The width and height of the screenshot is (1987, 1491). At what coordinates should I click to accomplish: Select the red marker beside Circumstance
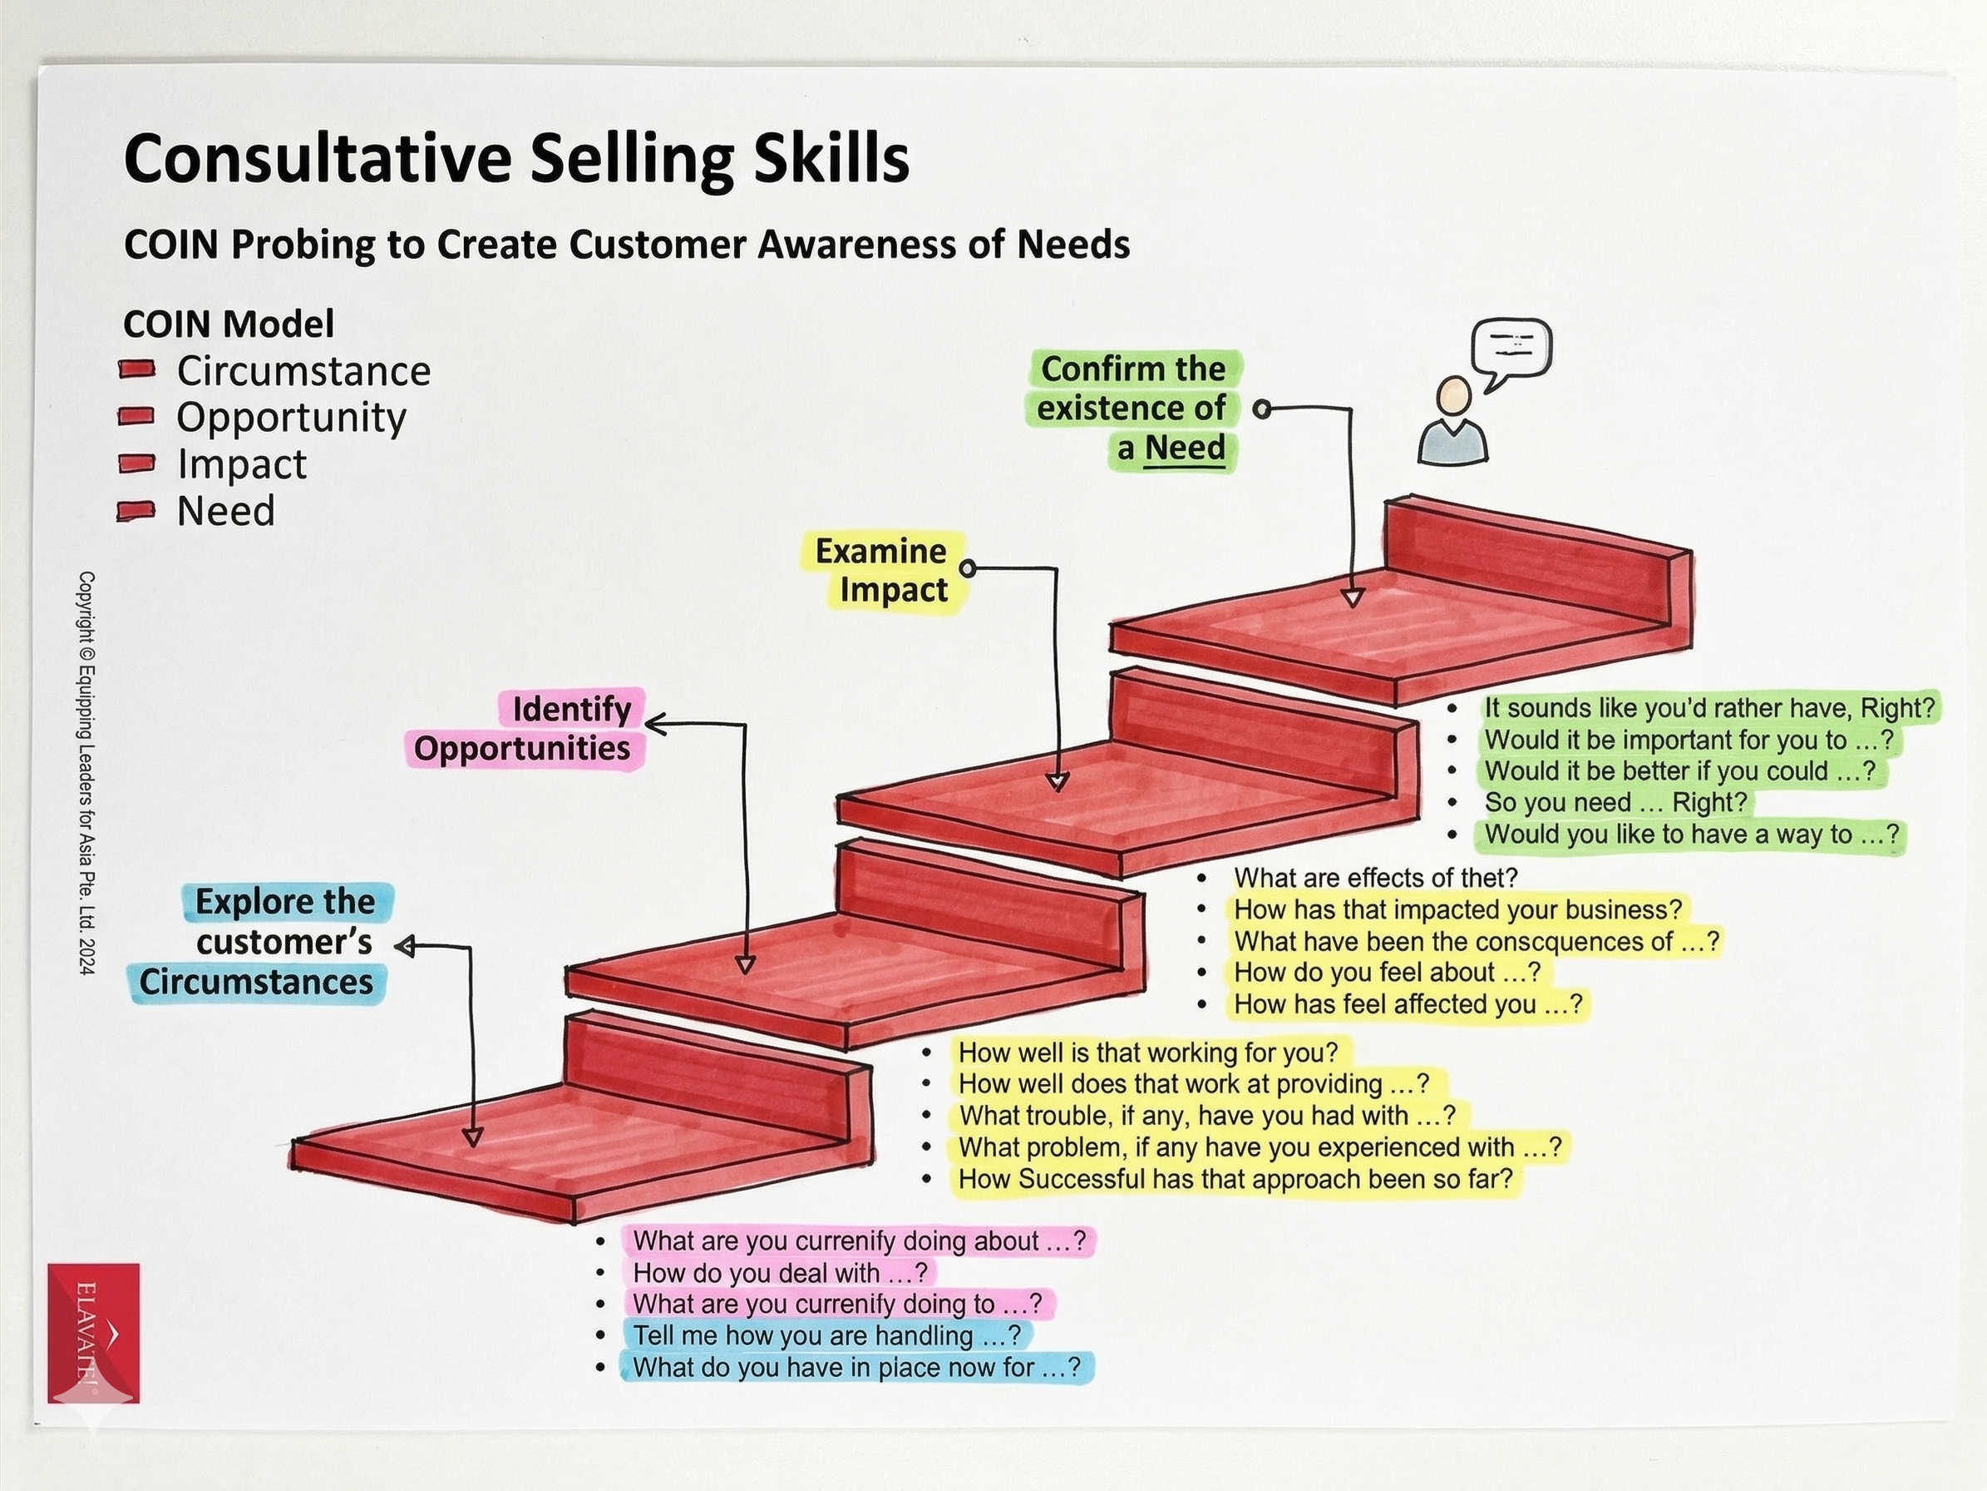coord(136,369)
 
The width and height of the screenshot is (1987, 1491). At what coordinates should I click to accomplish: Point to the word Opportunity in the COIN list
coord(291,417)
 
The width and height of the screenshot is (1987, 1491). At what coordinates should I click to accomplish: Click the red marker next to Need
coord(136,511)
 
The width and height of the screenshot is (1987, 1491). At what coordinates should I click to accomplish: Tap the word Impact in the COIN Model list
coord(242,463)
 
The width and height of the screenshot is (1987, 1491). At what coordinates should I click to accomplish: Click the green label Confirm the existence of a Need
coord(1134,409)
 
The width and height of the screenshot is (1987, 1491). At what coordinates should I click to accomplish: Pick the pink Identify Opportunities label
coord(525,729)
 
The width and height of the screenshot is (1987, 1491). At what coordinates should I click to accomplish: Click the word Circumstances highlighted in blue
coord(256,982)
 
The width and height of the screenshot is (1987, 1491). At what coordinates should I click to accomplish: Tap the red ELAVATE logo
coord(93,1332)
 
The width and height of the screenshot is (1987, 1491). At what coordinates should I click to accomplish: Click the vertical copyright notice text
coord(86,772)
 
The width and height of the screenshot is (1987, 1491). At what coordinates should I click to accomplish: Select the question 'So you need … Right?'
coord(1615,802)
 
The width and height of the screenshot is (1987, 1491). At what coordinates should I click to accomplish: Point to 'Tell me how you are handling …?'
coord(826,1335)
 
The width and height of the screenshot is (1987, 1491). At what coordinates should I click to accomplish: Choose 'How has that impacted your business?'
coord(1457,909)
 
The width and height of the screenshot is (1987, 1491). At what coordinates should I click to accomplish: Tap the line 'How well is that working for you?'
coord(1148,1052)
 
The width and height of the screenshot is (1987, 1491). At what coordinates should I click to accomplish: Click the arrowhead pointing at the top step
coord(1353,597)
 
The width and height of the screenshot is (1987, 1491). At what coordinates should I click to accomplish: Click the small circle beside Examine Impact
coord(968,568)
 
